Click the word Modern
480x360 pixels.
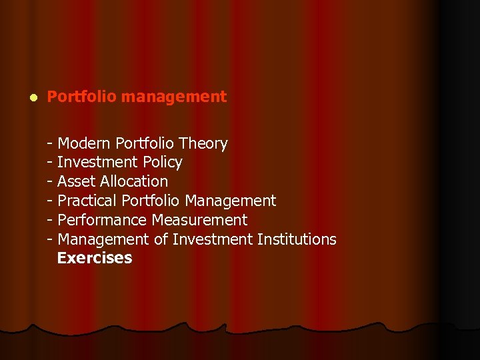84,143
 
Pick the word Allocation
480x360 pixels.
134,181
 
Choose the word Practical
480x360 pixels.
87,201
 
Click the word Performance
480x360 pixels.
103,220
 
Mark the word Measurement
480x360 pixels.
199,220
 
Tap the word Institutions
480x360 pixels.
297,239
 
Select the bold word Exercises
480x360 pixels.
95,258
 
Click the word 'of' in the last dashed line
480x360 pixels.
161,239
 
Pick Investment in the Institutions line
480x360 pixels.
212,239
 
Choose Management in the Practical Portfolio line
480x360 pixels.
231,201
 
